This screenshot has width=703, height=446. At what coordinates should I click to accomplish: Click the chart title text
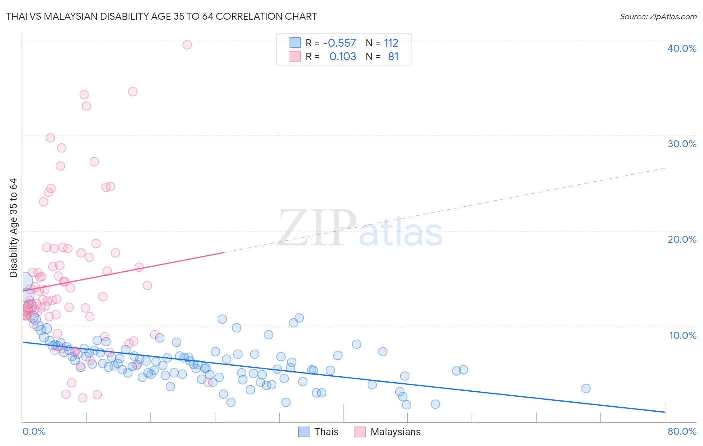pyautogui.click(x=161, y=17)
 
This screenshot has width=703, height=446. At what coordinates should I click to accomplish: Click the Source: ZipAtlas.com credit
pyautogui.click(x=658, y=17)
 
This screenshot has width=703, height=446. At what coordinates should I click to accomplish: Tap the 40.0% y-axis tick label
pyautogui.click(x=682, y=48)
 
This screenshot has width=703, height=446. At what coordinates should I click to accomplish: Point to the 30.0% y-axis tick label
pyautogui.click(x=682, y=144)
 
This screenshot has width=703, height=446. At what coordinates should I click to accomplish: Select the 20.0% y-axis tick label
pyautogui.click(x=682, y=239)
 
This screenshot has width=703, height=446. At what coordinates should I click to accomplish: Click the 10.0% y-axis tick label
pyautogui.click(x=683, y=335)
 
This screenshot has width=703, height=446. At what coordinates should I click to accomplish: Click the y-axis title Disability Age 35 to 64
pyautogui.click(x=13, y=228)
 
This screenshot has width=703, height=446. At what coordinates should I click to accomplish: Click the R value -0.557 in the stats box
pyautogui.click(x=340, y=43)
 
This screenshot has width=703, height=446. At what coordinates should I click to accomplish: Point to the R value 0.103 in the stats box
pyautogui.click(x=343, y=57)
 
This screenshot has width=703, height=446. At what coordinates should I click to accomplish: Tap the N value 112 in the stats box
pyautogui.click(x=391, y=43)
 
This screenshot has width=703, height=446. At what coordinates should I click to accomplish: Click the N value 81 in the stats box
pyautogui.click(x=393, y=57)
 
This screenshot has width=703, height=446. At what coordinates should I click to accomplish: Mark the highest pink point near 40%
pyautogui.click(x=187, y=45)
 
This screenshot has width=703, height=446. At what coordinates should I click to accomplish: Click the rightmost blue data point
pyautogui.click(x=586, y=388)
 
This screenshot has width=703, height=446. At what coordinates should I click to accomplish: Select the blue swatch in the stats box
pyautogui.click(x=295, y=43)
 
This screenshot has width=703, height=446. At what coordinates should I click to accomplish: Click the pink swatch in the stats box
pyautogui.click(x=295, y=56)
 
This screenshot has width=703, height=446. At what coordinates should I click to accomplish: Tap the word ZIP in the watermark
pyautogui.click(x=317, y=228)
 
